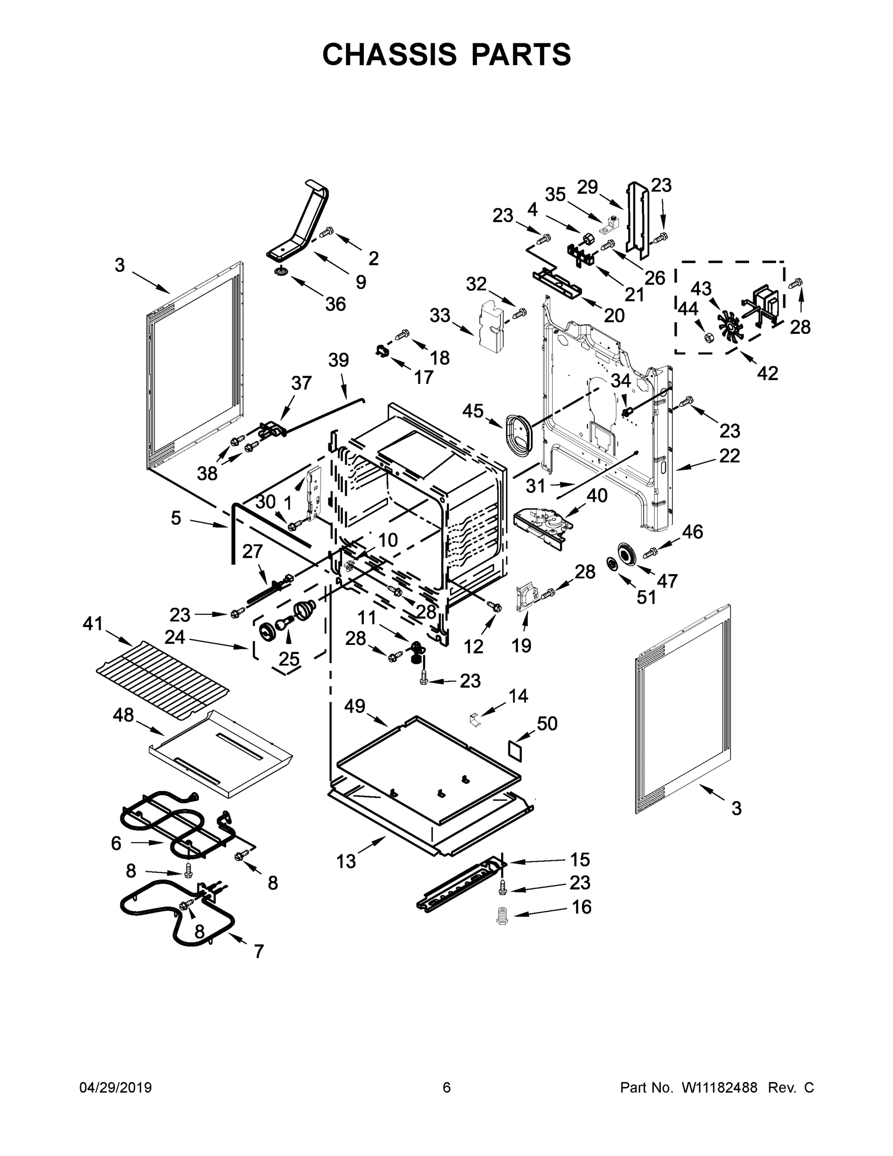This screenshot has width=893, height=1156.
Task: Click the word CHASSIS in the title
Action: click(x=389, y=54)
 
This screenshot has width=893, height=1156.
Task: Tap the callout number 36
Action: click(x=336, y=304)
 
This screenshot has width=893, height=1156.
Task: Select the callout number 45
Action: click(x=472, y=410)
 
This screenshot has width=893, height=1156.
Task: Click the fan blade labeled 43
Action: click(x=730, y=326)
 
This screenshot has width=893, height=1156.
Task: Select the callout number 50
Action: click(x=547, y=723)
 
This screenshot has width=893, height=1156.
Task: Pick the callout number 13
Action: click(x=346, y=862)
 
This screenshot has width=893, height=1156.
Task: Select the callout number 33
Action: click(x=440, y=315)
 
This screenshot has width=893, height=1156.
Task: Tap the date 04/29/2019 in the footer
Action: click(x=116, y=1087)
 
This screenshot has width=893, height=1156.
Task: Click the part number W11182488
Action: click(x=719, y=1087)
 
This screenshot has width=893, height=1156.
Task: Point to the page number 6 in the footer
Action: click(x=447, y=1087)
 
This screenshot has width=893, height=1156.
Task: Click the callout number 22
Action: click(x=729, y=456)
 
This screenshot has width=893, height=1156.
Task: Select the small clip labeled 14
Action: click(x=475, y=720)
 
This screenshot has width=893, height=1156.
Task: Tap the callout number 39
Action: click(x=338, y=360)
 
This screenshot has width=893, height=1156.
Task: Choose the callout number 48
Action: click(x=123, y=716)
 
